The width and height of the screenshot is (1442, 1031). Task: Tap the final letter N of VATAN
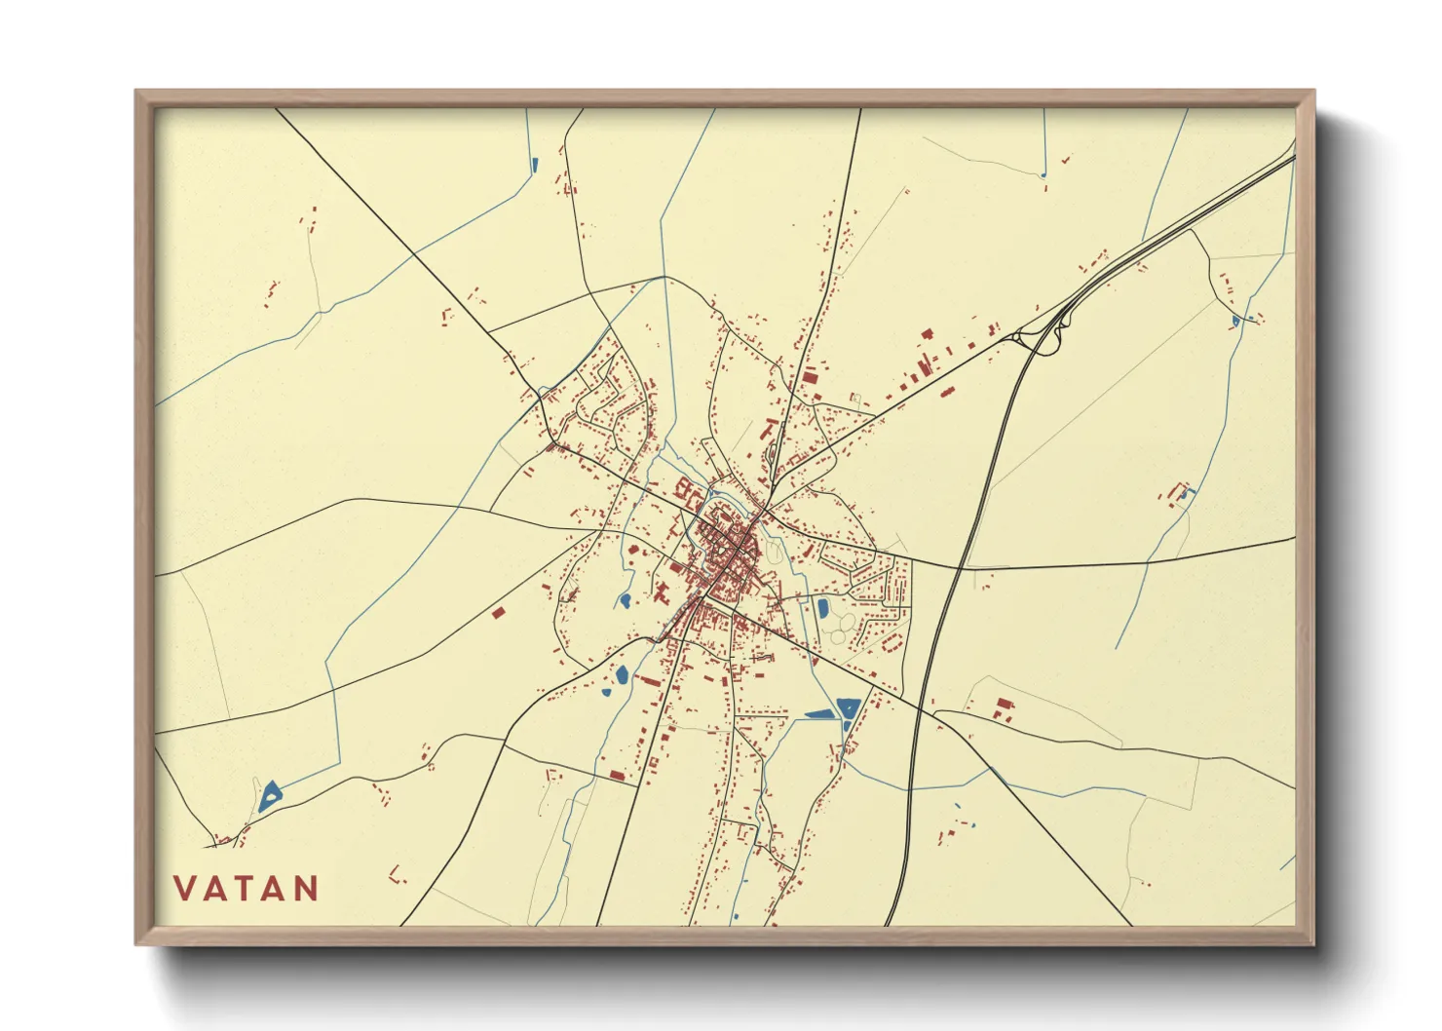[307, 889]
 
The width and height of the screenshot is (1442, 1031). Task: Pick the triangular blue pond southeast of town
[848, 707]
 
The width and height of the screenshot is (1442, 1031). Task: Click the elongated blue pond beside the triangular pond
[820, 714]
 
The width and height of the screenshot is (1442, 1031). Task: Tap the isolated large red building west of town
[498, 613]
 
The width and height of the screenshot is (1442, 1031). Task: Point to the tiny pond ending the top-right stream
[1043, 175]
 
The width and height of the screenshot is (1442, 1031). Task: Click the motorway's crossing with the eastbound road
[961, 565]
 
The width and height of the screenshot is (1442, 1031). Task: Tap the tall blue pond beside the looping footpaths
[823, 609]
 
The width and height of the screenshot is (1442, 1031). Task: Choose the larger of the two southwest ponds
[622, 673]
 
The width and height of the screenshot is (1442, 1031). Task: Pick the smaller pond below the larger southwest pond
[606, 693]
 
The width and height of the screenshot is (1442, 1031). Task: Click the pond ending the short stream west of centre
[624, 601]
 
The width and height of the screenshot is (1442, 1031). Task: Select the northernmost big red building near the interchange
[928, 334]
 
